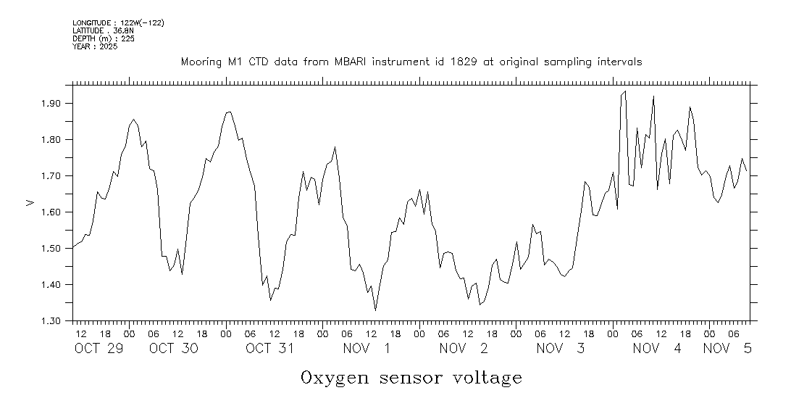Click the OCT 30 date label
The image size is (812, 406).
[x=174, y=349]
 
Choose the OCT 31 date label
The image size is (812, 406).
[x=269, y=349]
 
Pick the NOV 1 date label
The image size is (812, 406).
[x=367, y=349]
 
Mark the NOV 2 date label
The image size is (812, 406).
[x=464, y=349]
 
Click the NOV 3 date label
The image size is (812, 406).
[x=561, y=349]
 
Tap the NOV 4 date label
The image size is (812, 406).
[x=657, y=349]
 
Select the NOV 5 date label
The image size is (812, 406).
[x=727, y=349]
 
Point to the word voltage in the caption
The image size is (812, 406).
[x=487, y=378]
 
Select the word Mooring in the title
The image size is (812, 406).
[x=201, y=62]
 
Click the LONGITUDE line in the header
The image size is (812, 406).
[x=118, y=23]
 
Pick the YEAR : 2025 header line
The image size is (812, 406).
[x=96, y=46]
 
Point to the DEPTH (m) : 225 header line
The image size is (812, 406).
[x=104, y=38]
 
